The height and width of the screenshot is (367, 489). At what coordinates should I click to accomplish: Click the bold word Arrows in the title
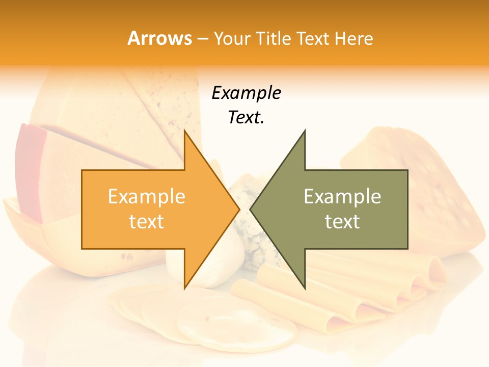(x=159, y=39)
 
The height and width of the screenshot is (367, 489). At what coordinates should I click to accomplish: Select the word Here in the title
(x=354, y=39)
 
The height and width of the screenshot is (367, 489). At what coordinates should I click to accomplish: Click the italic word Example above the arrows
(x=246, y=93)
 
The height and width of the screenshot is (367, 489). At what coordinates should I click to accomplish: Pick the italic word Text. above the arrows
(x=246, y=118)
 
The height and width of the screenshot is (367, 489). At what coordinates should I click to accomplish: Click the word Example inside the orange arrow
(x=146, y=197)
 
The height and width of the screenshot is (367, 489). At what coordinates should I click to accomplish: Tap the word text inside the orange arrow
(x=146, y=222)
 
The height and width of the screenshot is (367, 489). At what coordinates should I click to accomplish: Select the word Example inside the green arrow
(x=342, y=197)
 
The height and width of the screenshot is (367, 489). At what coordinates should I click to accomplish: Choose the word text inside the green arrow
(x=342, y=222)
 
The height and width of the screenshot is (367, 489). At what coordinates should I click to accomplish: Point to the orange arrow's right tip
(x=238, y=209)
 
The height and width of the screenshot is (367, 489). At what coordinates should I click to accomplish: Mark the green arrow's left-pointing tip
(x=251, y=209)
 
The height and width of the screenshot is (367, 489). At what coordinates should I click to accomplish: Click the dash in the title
(x=202, y=39)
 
